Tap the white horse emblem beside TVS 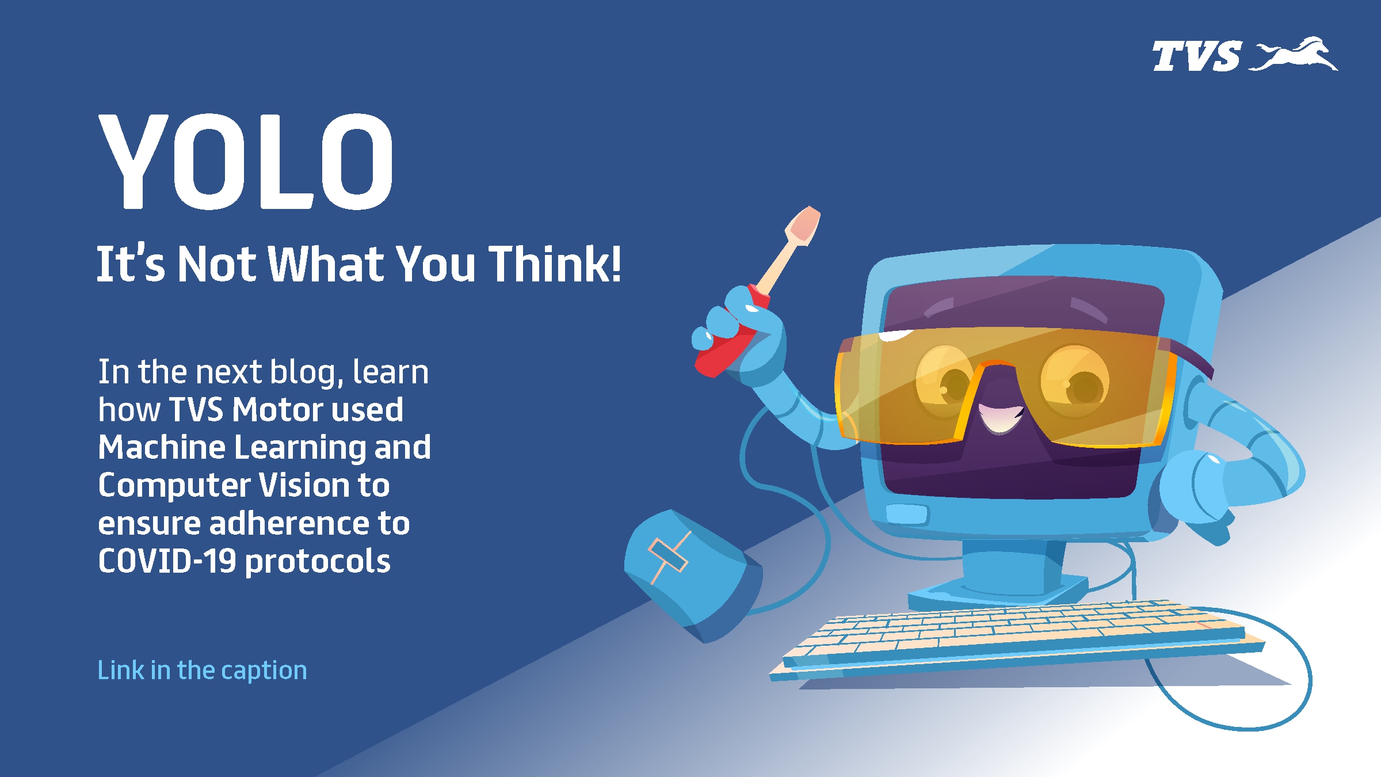click(1294, 54)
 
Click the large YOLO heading click(246, 162)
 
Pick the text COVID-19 click(167, 561)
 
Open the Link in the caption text click(202, 671)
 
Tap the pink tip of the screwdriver click(805, 225)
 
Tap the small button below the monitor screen click(907, 514)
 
